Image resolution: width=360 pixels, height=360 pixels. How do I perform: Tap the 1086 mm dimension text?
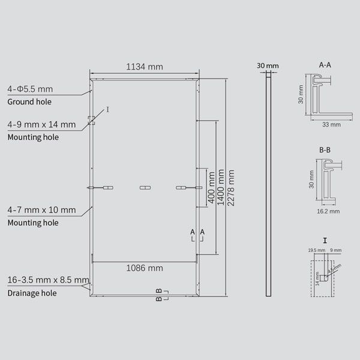click(x=144, y=268)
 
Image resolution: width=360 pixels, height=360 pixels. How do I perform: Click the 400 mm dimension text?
click(x=210, y=187)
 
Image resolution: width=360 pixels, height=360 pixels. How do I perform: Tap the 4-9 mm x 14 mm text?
click(x=41, y=125)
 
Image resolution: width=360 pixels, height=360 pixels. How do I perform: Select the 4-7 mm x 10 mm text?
click(x=41, y=210)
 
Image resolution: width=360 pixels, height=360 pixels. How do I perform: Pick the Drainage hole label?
click(x=32, y=293)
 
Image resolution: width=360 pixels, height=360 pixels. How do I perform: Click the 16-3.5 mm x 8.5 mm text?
click(x=48, y=280)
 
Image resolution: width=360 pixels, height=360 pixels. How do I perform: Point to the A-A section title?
click(x=325, y=64)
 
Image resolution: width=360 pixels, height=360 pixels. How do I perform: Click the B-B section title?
click(x=325, y=149)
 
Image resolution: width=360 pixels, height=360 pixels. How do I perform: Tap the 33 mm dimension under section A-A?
click(x=331, y=124)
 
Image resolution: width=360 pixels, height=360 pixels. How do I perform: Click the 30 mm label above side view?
click(x=268, y=64)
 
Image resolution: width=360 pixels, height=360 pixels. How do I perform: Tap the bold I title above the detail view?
click(x=325, y=240)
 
